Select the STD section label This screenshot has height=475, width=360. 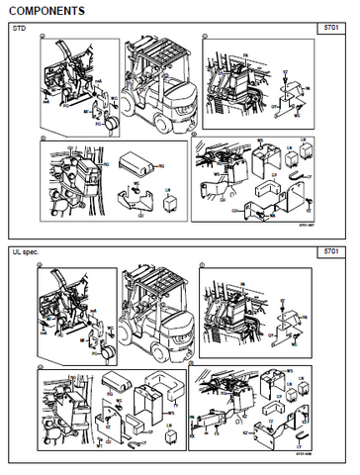pos(19,30)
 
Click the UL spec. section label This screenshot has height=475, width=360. pos(24,253)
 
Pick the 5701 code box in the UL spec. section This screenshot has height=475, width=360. pos(337,254)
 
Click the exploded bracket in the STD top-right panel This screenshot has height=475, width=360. pos(291,95)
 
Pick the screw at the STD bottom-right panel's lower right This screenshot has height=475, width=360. pos(310,202)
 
